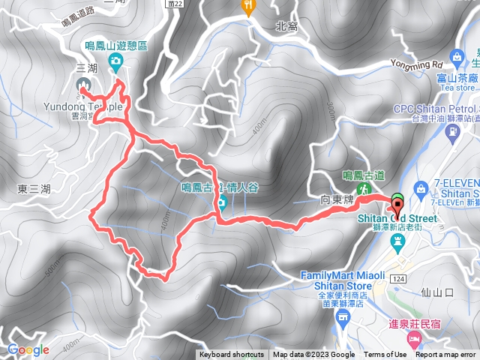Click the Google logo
pos(28,349)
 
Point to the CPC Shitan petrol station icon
pos(452,133)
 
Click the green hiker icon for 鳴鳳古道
pos(364,189)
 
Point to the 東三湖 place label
pos(32,188)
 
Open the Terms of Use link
pos(385,355)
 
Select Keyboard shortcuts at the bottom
pos(232,355)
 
